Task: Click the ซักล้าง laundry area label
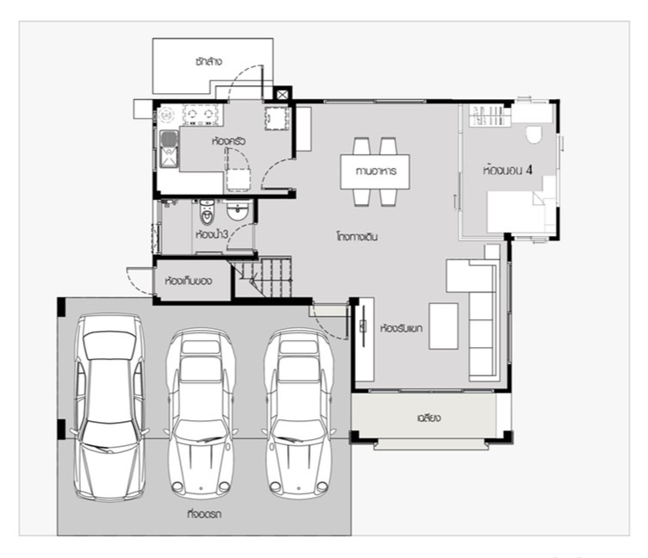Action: [209, 61]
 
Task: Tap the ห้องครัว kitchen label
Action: [228, 141]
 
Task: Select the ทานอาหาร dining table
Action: [375, 171]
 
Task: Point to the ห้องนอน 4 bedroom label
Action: [508, 170]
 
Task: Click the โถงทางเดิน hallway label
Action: [357, 237]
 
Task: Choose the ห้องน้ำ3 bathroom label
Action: [212, 234]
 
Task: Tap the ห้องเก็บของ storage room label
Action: [189, 282]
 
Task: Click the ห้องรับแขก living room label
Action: [402, 329]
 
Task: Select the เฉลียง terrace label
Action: [429, 418]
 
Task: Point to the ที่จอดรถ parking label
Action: [204, 514]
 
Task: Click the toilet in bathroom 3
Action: [207, 212]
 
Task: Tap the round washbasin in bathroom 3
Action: [238, 211]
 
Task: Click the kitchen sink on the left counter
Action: [169, 149]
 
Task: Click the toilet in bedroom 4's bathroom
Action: [534, 133]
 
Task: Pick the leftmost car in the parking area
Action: [109, 407]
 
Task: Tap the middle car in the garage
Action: [202, 413]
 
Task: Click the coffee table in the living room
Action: [444, 326]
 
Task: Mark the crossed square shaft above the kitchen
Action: [283, 94]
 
